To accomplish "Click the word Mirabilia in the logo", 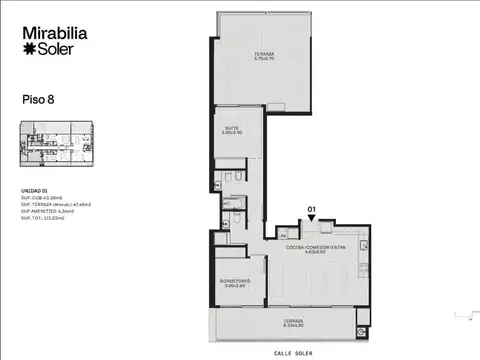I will coord(56,33).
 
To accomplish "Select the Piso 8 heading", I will coord(38,99).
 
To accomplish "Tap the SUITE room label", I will coord(231,128).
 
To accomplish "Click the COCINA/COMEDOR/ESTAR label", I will coord(314,247).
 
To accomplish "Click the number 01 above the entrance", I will coord(311,209).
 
